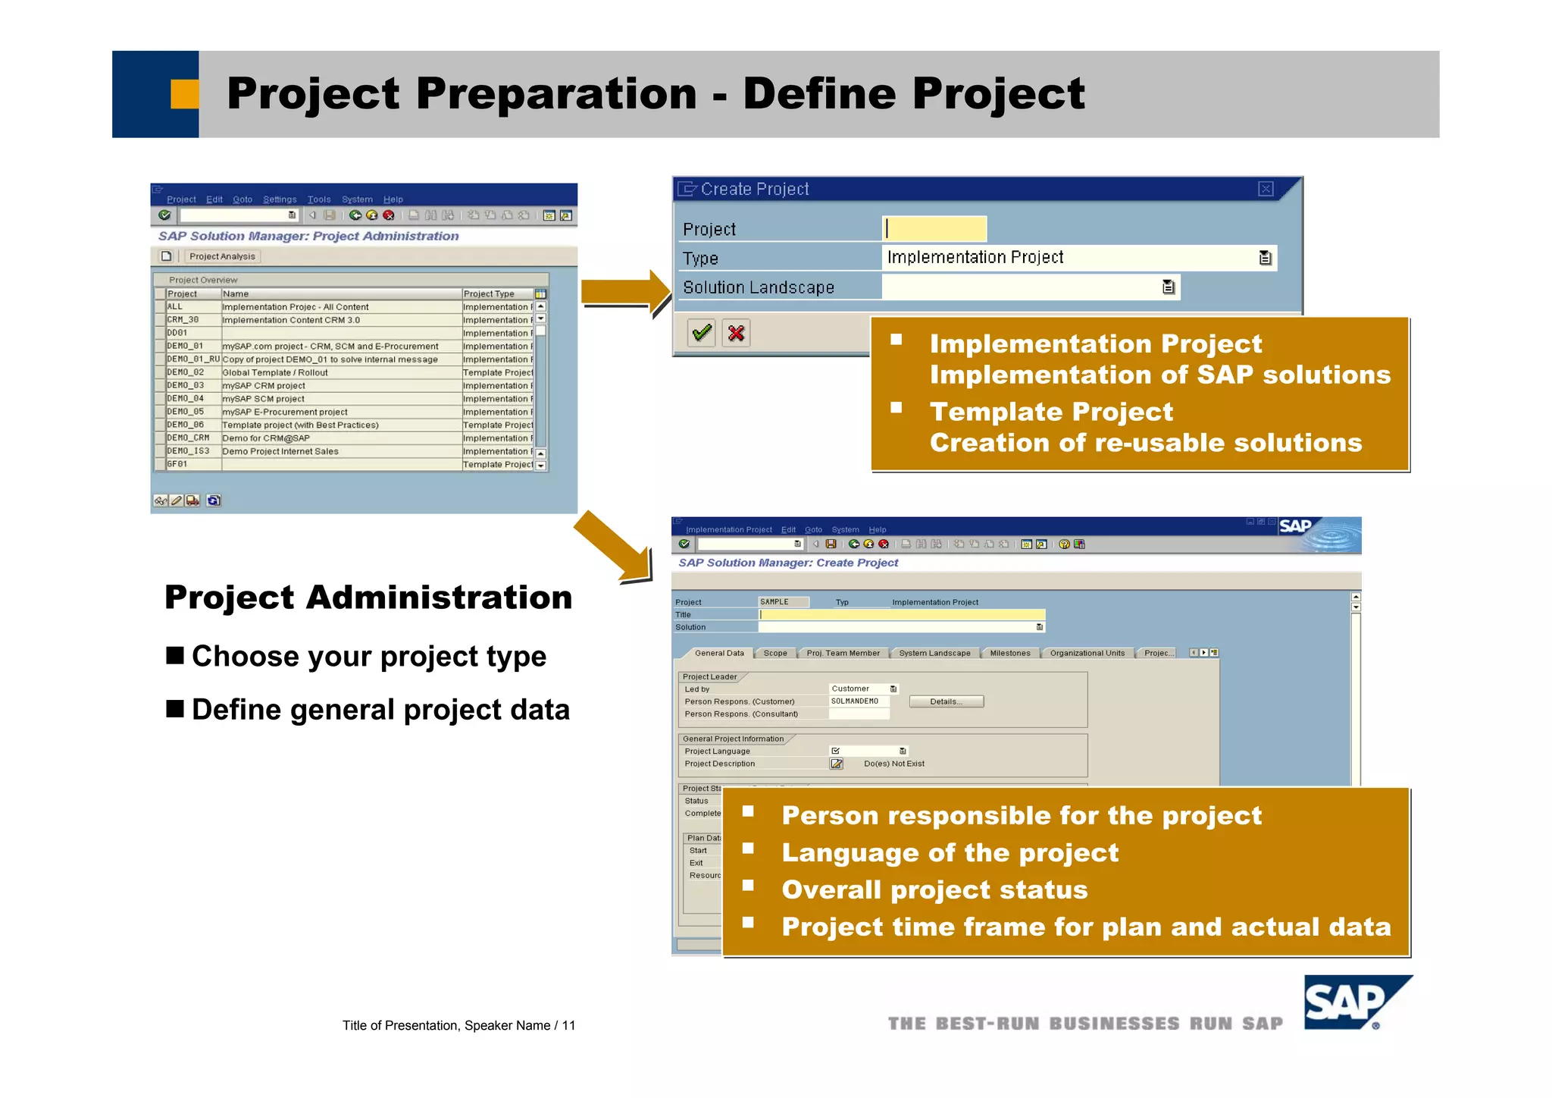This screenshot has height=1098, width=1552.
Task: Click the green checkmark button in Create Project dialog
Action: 702,333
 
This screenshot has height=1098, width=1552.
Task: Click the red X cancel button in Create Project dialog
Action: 736,333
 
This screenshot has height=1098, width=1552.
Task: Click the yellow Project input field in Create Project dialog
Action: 934,228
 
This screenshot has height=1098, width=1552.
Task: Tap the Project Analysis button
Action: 222,256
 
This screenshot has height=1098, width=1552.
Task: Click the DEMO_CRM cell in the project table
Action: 189,438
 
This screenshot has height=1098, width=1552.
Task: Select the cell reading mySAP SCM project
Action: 264,399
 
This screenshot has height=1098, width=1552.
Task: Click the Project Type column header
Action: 490,294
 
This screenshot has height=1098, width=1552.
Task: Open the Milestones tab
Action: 1009,653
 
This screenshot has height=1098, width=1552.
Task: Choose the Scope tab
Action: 774,653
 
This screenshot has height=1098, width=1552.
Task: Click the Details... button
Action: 946,701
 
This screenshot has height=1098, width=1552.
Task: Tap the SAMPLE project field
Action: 782,602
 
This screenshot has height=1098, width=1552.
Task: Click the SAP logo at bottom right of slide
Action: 1355,1003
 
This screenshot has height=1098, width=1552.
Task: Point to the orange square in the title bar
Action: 184,94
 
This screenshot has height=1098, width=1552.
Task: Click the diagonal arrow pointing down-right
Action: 614,548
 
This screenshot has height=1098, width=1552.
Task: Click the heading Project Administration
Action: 368,598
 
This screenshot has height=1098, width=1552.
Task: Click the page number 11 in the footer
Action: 568,1026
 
